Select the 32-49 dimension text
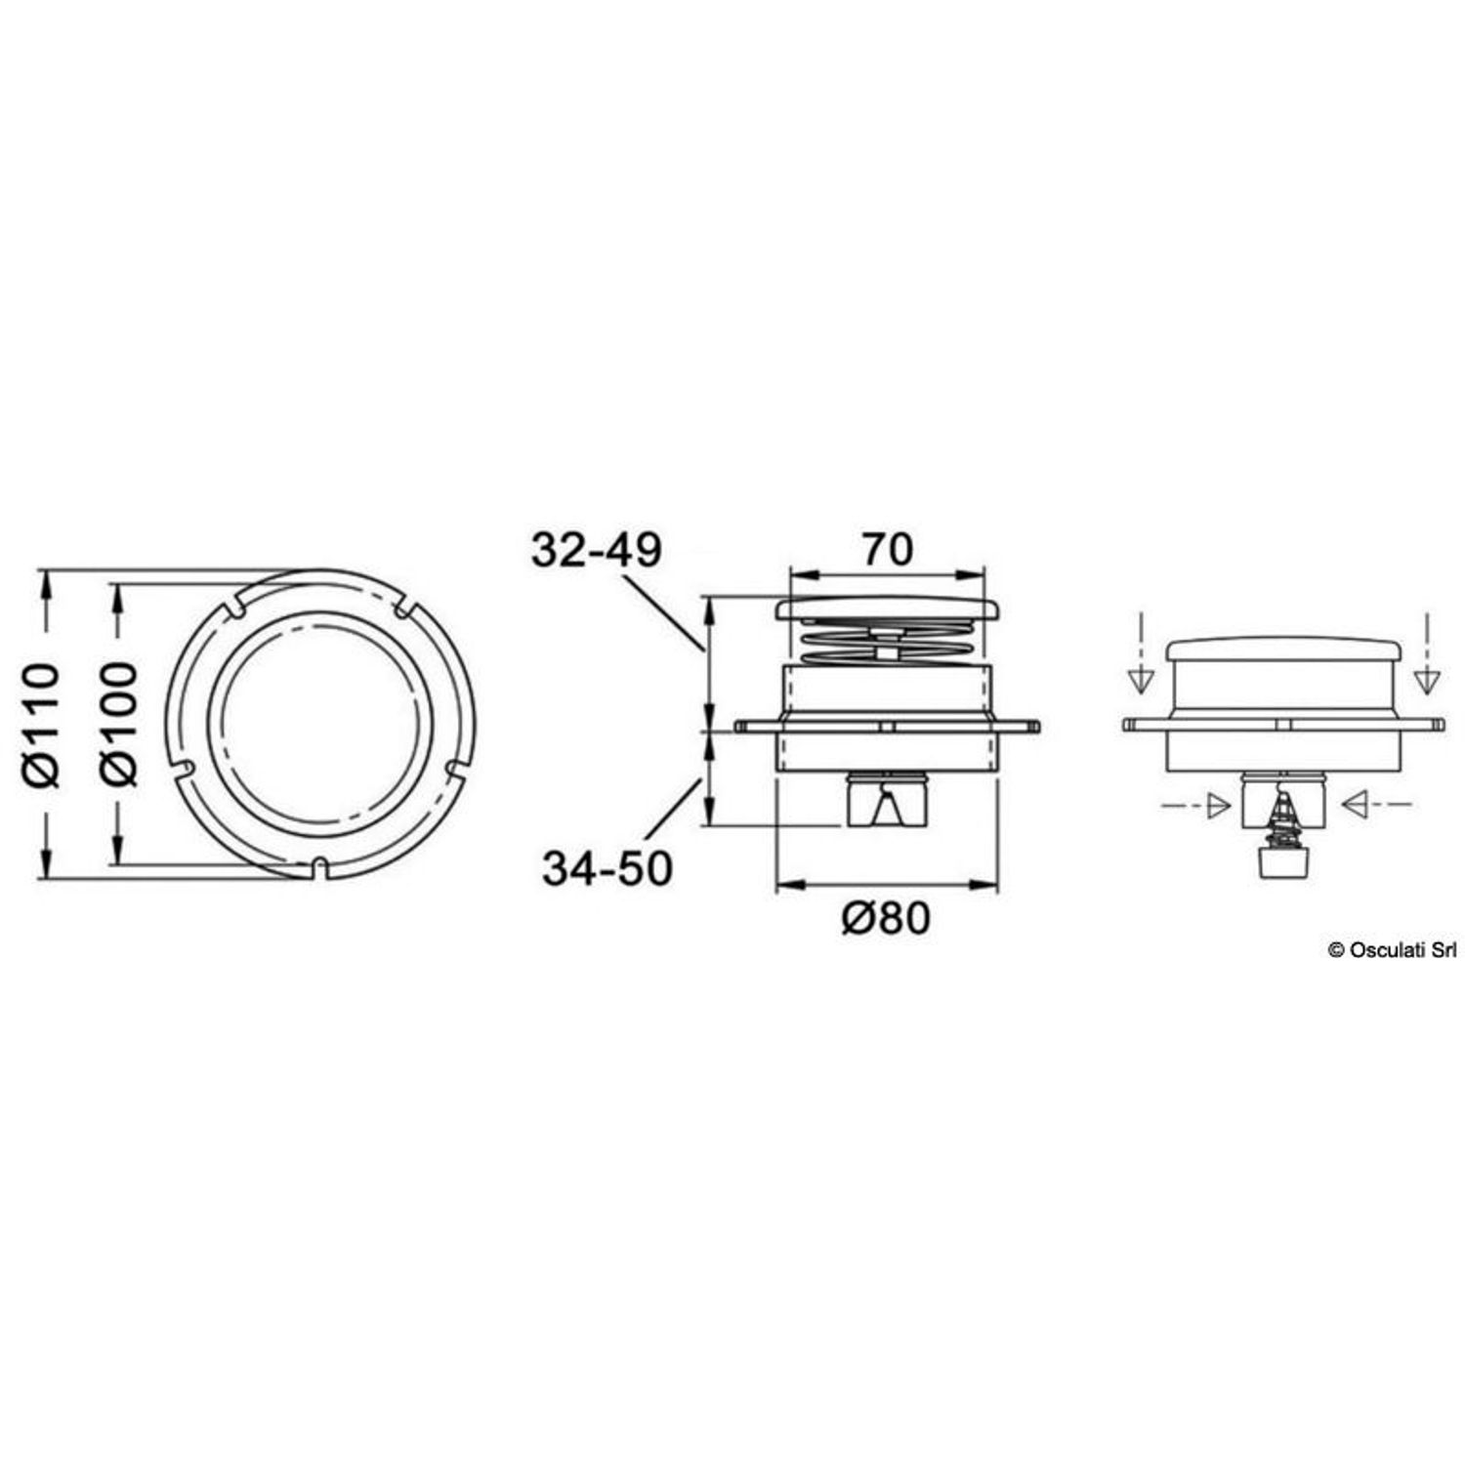coord(597,550)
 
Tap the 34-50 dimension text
coord(607,868)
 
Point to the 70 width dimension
coord(887,549)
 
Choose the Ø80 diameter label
coord(887,918)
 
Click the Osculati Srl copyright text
coord(1391,949)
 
